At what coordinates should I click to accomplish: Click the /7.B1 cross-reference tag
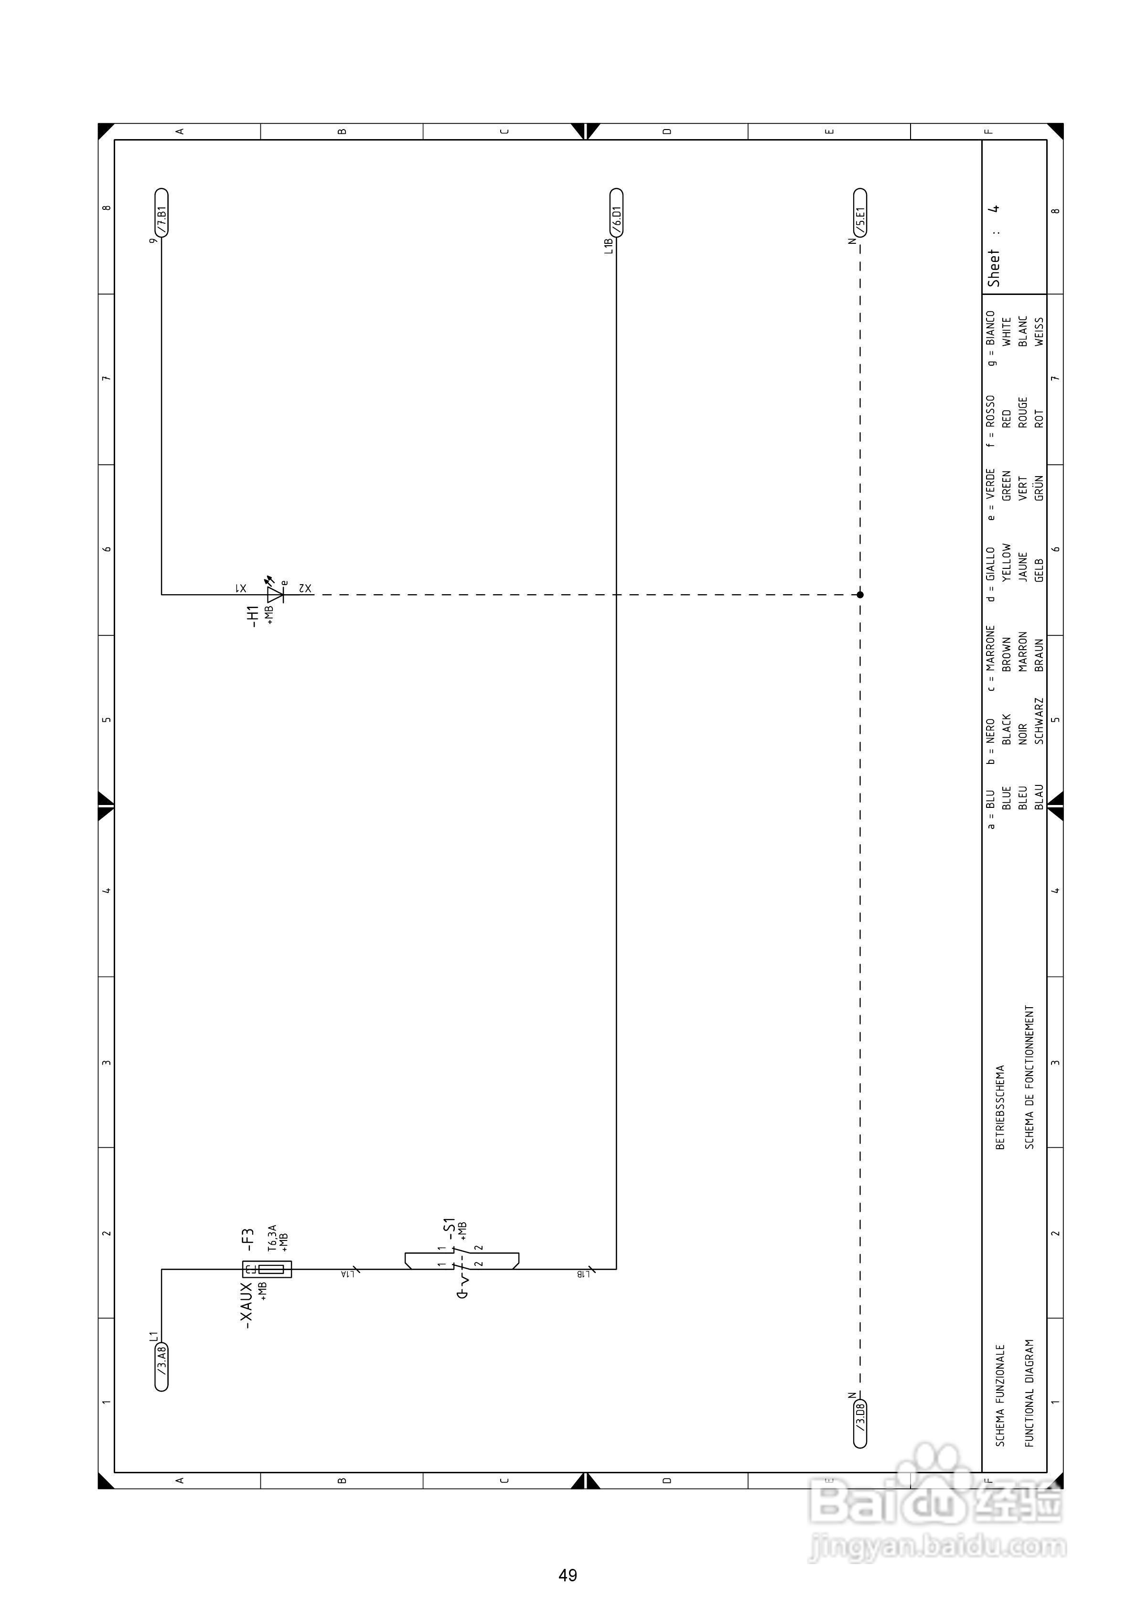pos(161,213)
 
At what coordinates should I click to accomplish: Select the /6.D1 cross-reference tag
pos(616,213)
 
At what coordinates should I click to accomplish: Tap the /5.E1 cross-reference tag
pos(860,213)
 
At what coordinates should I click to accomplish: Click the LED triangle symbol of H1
pos(275,595)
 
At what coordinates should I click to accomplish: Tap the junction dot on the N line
pos(860,595)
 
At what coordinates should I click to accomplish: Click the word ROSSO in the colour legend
pos(990,412)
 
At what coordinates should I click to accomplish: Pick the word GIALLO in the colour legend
pos(990,564)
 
